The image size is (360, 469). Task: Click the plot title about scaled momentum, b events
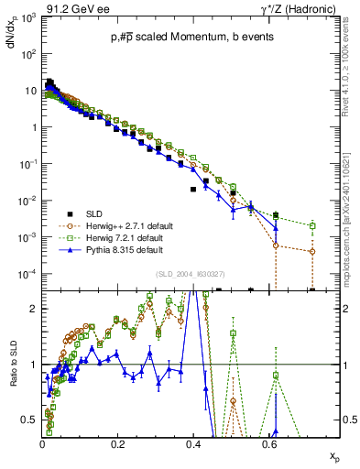182,36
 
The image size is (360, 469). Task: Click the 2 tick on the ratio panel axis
35,309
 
